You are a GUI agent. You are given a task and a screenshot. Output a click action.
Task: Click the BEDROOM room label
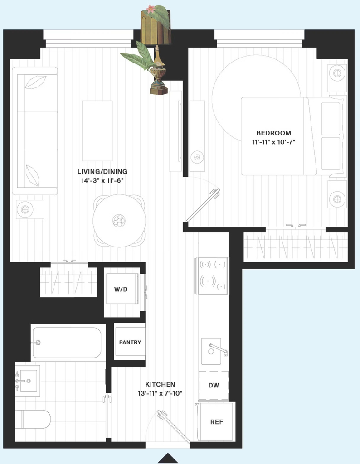pyautogui.click(x=273, y=133)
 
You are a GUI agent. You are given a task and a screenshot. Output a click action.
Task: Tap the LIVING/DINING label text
pyautogui.click(x=102, y=172)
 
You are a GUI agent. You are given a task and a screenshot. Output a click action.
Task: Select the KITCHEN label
pyautogui.click(x=160, y=384)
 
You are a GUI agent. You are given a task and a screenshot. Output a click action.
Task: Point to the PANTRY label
pyautogui.click(x=130, y=343)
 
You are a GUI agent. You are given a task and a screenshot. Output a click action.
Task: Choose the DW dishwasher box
pyautogui.click(x=214, y=385)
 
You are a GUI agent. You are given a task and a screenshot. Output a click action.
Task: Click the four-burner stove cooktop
pyautogui.click(x=211, y=276)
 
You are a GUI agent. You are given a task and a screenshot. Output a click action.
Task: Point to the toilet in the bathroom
pyautogui.click(x=33, y=419)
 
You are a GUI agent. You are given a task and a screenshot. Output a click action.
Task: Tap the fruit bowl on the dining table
pyautogui.click(x=119, y=221)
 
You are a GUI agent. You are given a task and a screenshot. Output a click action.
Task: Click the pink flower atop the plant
pyautogui.click(x=151, y=9)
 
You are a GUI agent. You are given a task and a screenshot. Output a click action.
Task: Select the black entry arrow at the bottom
pyautogui.click(x=168, y=458)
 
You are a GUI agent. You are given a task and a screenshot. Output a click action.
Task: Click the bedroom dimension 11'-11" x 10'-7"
pyautogui.click(x=273, y=142)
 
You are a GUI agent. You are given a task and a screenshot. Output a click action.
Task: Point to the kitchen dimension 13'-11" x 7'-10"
pyautogui.click(x=160, y=394)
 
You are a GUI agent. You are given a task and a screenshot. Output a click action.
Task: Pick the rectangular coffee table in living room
pyautogui.click(x=97, y=131)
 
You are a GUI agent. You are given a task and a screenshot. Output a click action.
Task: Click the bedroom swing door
pyautogui.click(x=203, y=205)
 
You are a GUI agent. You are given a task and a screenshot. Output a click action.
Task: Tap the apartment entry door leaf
pyautogui.click(x=174, y=426)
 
